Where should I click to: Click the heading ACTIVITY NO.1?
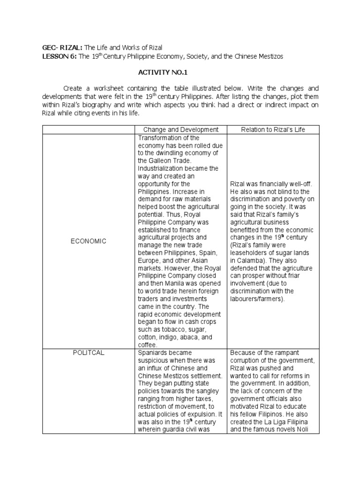(x=180, y=73)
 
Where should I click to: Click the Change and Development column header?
(x=180, y=129)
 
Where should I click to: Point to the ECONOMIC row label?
(x=89, y=241)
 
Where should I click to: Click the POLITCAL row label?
(x=89, y=352)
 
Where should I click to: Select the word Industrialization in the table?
(x=159, y=168)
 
